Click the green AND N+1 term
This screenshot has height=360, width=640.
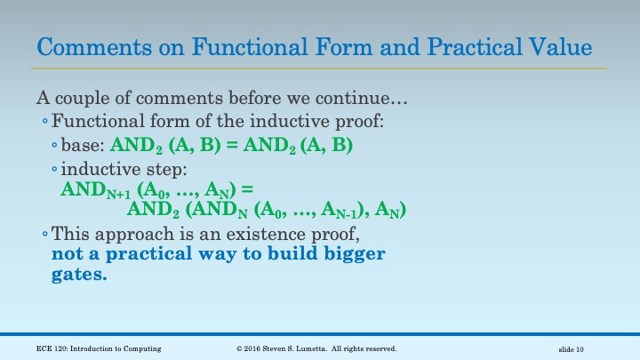(x=93, y=190)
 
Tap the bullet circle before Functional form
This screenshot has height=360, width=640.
(x=46, y=121)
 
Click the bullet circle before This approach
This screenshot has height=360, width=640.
(x=46, y=236)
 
